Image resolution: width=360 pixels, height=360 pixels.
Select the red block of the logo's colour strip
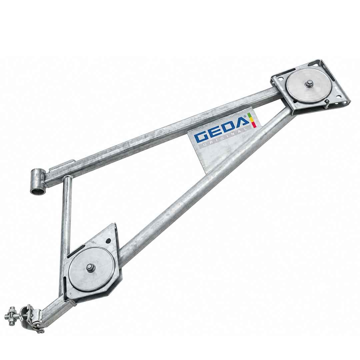click(x=254, y=124)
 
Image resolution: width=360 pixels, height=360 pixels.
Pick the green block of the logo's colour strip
click(x=251, y=115)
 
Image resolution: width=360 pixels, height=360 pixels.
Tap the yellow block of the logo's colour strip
click(x=252, y=120)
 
